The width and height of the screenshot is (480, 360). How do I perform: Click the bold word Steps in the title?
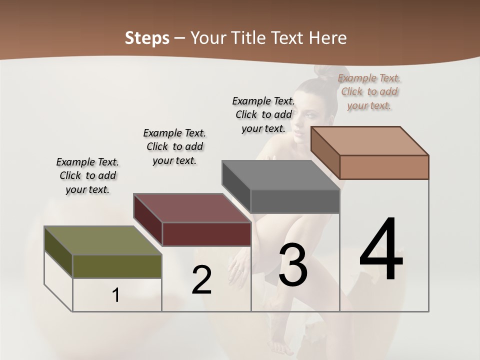147,38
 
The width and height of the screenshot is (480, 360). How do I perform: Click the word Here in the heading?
327,38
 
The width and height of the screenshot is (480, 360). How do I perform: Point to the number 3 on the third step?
293,265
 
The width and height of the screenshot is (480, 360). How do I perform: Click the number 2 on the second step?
201,280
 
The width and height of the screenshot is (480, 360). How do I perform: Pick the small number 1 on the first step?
115,295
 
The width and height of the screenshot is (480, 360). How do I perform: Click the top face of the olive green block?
102,240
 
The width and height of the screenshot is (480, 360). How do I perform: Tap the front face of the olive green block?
117,266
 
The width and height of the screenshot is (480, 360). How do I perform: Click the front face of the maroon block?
206,234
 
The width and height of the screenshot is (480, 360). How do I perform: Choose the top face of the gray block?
280,175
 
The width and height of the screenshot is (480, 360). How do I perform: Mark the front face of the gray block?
295,201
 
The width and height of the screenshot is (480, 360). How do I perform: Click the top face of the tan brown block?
369,140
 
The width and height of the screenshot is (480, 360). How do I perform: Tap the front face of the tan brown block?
384,167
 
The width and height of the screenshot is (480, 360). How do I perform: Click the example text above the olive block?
87,175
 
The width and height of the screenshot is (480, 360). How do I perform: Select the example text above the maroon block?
174,146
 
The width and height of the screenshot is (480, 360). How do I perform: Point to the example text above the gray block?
263,114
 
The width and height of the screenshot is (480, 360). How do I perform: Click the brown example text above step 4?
369,91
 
